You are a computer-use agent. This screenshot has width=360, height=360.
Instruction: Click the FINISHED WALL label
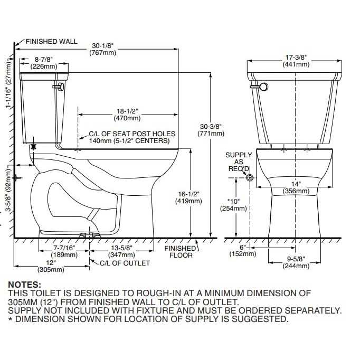(x=51, y=41)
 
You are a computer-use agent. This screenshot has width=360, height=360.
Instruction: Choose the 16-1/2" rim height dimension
(x=190, y=197)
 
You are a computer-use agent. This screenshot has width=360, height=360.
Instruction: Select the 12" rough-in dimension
(x=50, y=266)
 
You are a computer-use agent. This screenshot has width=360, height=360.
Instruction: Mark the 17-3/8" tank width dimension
(x=296, y=60)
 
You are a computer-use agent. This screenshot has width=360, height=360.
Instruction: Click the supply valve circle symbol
(x=250, y=178)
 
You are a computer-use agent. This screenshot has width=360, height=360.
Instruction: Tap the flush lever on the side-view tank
(x=60, y=84)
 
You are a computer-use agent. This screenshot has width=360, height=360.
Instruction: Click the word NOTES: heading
(x=24, y=284)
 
